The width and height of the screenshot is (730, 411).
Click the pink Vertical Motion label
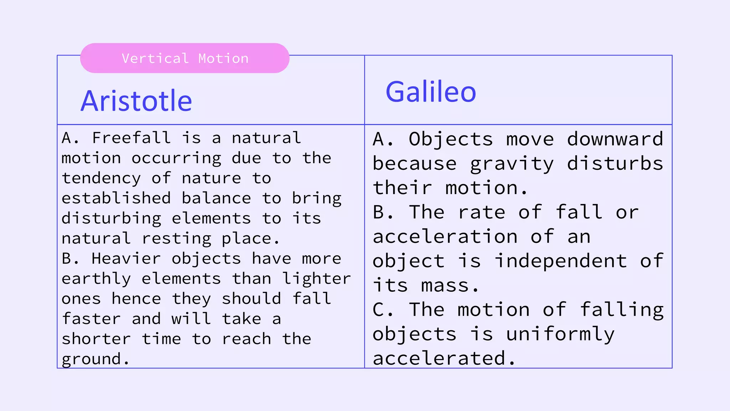pos(185,58)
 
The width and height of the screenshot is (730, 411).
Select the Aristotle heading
pos(136,101)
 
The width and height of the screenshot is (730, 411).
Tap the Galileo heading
pos(431,92)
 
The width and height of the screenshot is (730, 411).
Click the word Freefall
pos(132,138)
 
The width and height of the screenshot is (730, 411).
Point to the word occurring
pos(176,158)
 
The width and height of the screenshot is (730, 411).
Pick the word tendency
pos(101,178)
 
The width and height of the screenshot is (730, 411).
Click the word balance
pos(216,198)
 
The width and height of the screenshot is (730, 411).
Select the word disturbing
pos(111,218)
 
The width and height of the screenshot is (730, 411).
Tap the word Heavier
pos(126,259)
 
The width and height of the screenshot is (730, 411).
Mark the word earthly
pos(96,279)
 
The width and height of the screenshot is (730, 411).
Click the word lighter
pos(317,279)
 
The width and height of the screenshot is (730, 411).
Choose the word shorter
pos(96,339)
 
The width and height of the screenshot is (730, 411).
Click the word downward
pos(615,139)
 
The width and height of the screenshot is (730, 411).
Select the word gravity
pos(512,164)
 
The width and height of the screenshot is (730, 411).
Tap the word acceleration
pos(445,237)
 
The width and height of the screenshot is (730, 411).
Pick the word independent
pos(561,261)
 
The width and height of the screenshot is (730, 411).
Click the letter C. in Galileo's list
pos(382,310)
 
